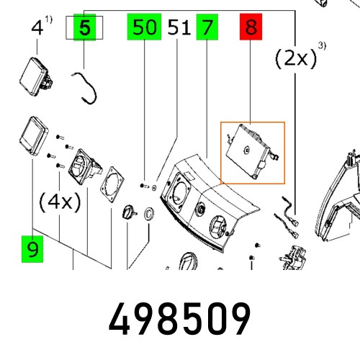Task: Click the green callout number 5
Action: pyautogui.click(x=85, y=29)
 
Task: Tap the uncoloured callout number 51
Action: pyautogui.click(x=179, y=29)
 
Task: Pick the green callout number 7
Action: pyautogui.click(x=207, y=29)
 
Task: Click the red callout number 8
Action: pyautogui.click(x=250, y=29)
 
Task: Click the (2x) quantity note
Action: pyautogui.click(x=296, y=58)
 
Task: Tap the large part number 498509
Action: pyautogui.click(x=180, y=318)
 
